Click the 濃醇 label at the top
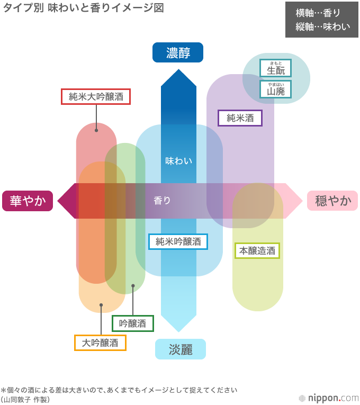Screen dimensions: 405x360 click(178, 52)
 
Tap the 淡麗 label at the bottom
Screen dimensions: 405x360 click(180, 349)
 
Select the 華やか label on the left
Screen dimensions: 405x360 click(28, 201)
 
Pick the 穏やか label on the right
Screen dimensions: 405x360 click(333, 201)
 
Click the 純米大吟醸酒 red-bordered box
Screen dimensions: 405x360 click(96, 96)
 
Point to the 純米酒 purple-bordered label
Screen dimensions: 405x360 click(240, 118)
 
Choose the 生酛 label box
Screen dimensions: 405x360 click(275, 68)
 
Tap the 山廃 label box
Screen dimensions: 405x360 click(275, 89)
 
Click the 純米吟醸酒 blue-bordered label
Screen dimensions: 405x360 click(178, 241)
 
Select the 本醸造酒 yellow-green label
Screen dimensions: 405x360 click(257, 250)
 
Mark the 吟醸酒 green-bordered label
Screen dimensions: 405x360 click(132, 323)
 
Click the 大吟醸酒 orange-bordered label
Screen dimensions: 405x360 click(100, 343)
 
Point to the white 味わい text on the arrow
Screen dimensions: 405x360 click(178, 160)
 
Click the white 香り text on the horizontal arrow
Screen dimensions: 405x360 click(162, 201)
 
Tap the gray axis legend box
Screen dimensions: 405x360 click(321, 20)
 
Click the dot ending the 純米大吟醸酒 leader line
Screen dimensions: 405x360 click(96, 130)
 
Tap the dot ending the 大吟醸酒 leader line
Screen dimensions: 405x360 click(101, 305)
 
